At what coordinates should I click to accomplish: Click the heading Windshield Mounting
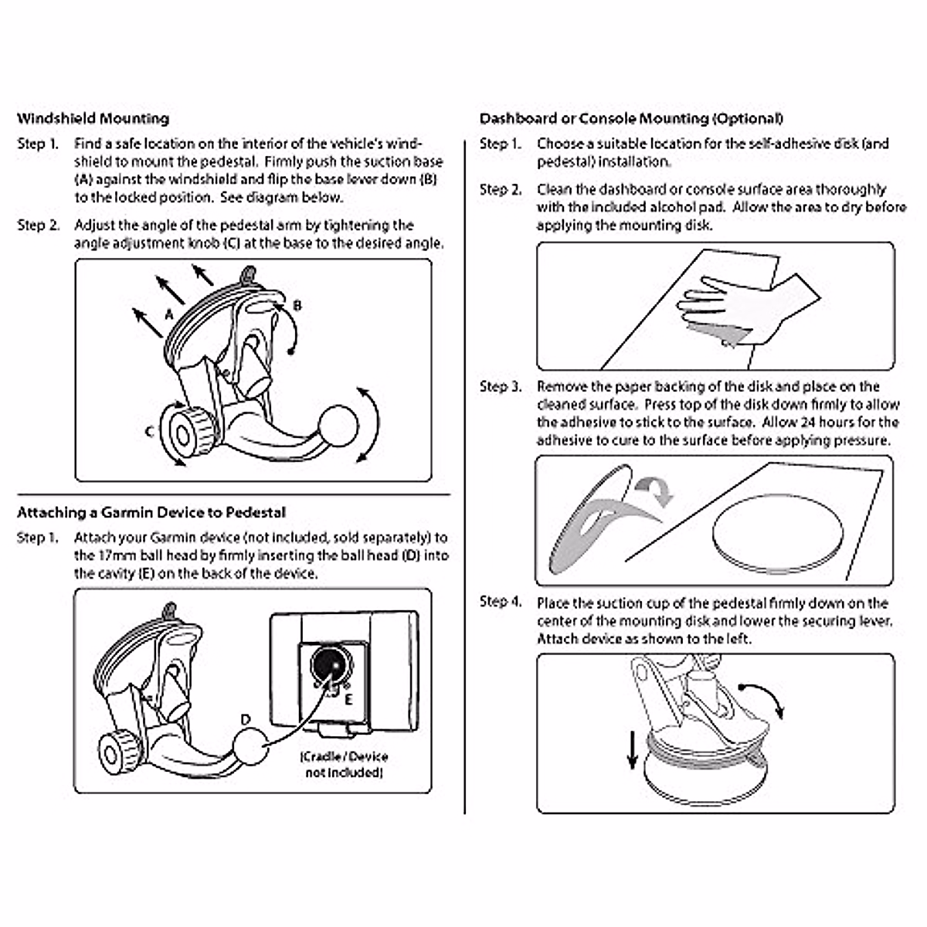coord(93,119)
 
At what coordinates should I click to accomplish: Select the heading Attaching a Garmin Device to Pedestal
coord(151,513)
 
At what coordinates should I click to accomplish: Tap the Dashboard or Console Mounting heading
coord(631,119)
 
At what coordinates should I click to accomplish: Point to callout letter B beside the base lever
coord(298,306)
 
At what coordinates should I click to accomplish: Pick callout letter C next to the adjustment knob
coord(149,431)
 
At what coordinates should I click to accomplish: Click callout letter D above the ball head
coord(246,720)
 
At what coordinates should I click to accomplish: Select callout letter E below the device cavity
coord(348,700)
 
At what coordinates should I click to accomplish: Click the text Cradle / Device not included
coord(344,764)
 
